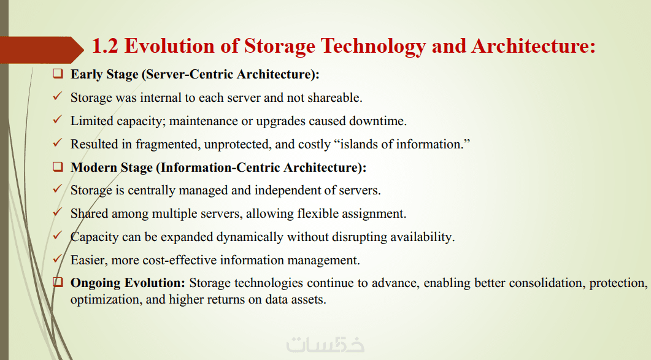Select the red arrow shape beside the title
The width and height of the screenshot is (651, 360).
pyautogui.click(x=42, y=50)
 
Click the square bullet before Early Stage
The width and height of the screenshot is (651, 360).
pyautogui.click(x=58, y=74)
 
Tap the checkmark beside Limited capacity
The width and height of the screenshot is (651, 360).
pyautogui.click(x=57, y=120)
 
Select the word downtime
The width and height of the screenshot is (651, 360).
pyautogui.click(x=378, y=121)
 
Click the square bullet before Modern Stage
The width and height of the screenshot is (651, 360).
pyautogui.click(x=58, y=167)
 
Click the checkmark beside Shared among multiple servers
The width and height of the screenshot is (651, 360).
pyautogui.click(x=57, y=213)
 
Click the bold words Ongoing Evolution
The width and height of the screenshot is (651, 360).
pyautogui.click(x=128, y=283)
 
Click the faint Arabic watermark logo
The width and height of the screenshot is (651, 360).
pyautogui.click(x=325, y=344)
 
